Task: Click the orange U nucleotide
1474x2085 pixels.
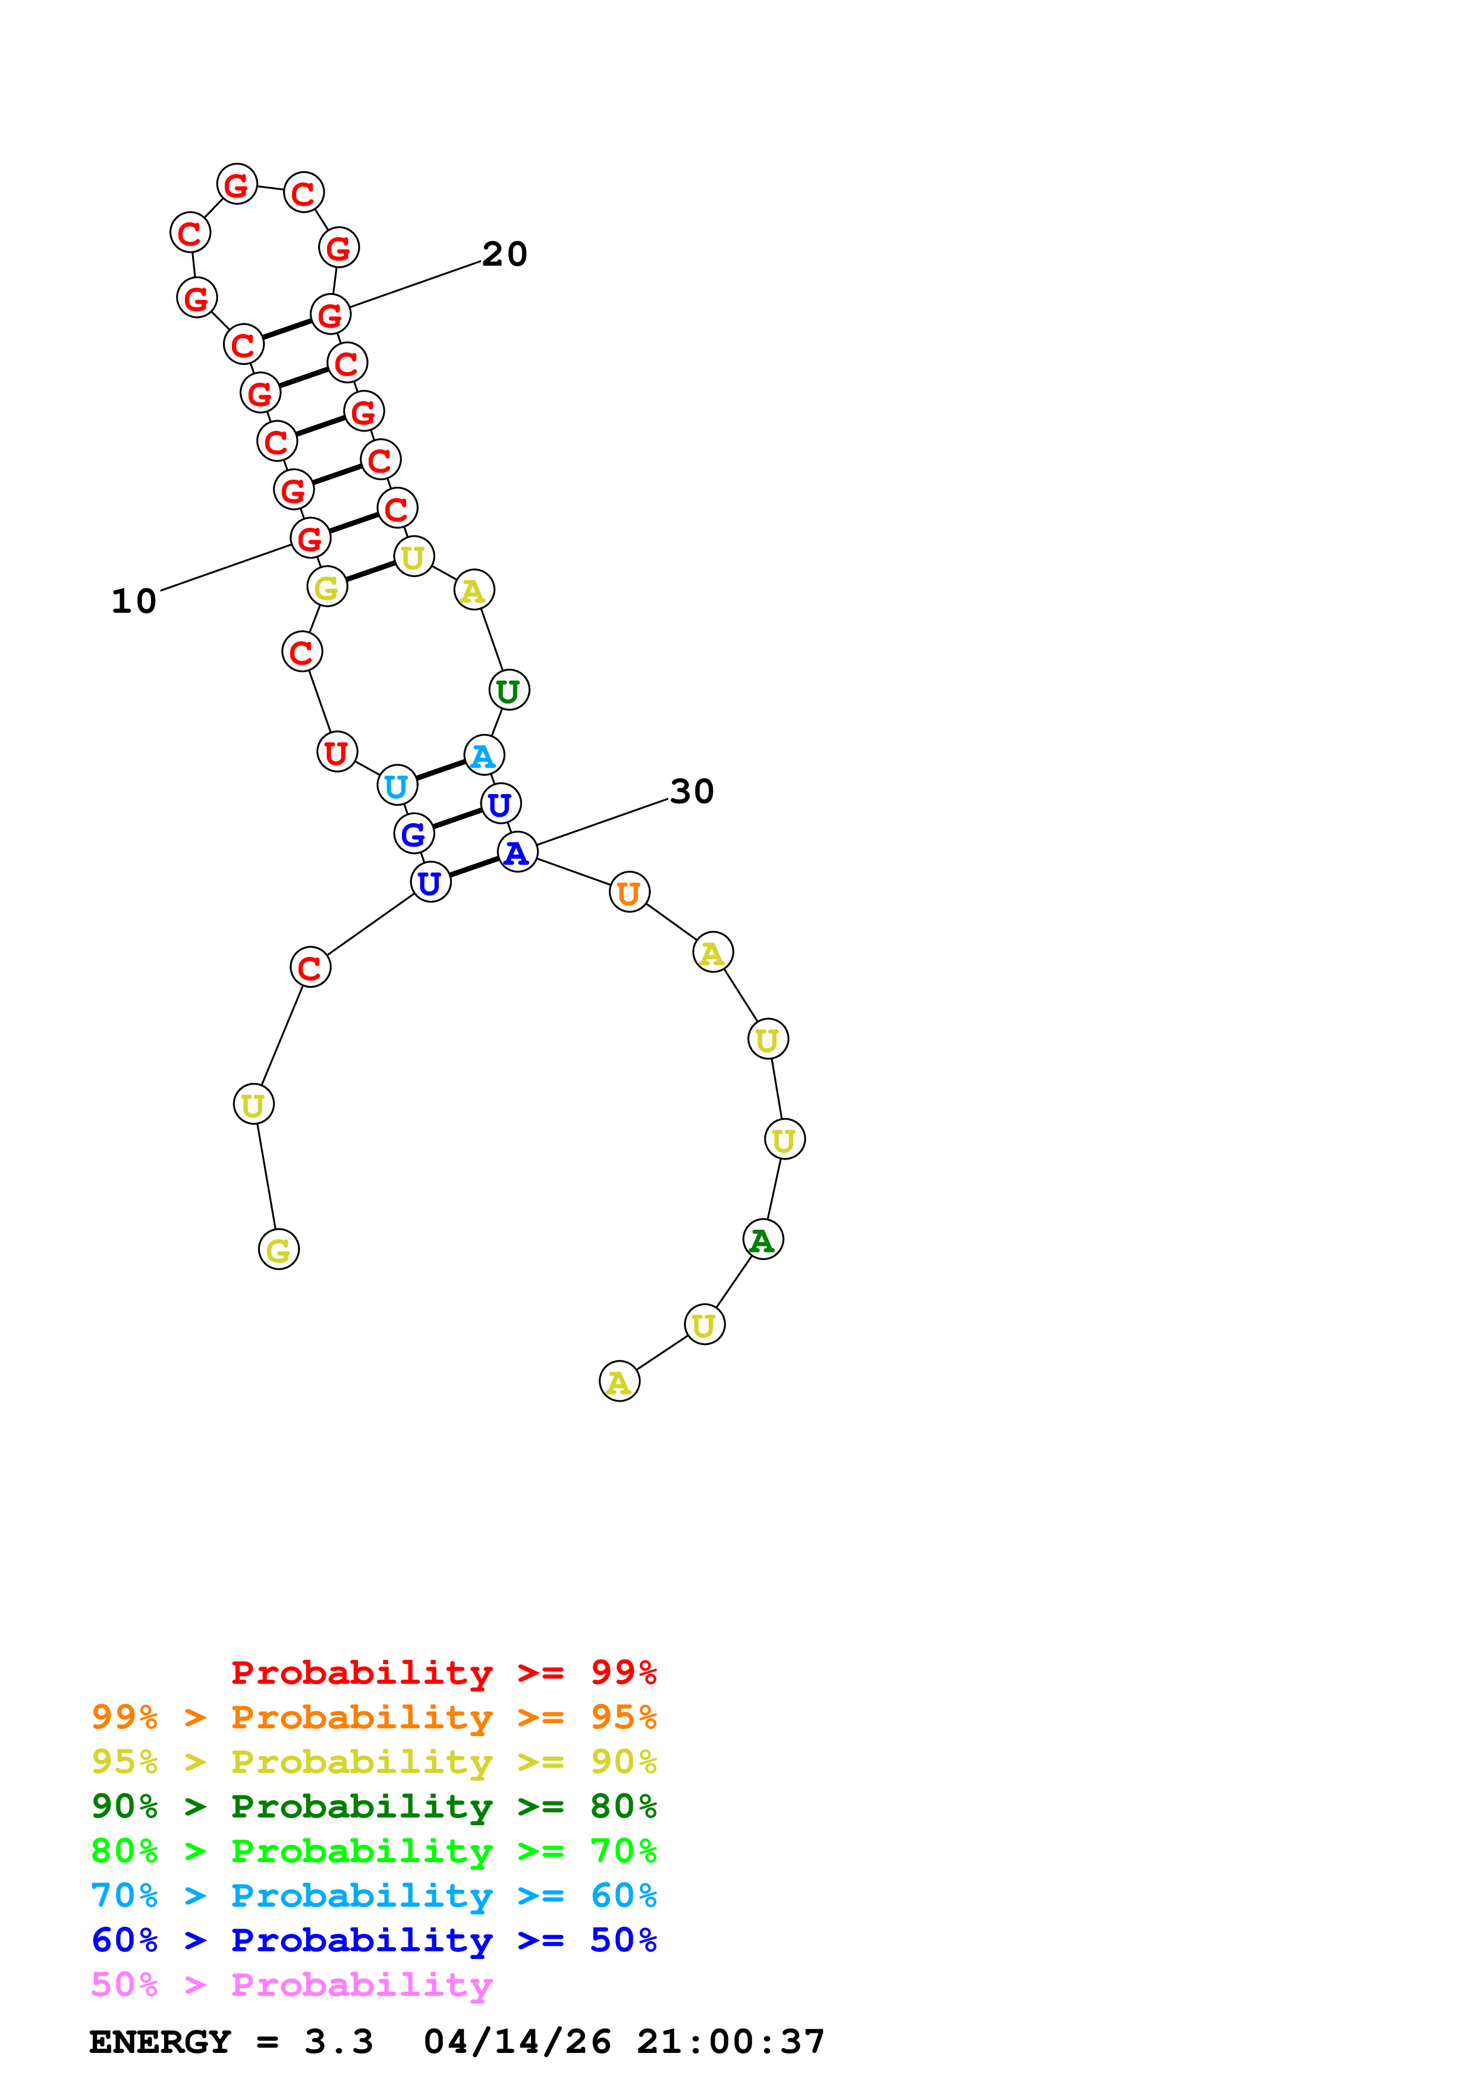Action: [x=628, y=893]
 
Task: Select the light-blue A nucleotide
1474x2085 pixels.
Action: [x=483, y=755]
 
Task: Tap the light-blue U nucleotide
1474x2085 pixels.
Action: [x=397, y=786]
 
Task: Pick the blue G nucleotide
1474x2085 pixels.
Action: [x=413, y=834]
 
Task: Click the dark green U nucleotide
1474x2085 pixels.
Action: [x=508, y=691]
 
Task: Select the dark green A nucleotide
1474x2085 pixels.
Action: [x=763, y=1240]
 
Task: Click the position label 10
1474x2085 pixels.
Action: [x=134, y=601]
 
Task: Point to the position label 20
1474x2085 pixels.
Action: [x=504, y=254]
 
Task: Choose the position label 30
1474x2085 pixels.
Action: [x=692, y=791]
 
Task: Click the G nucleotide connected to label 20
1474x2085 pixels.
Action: [x=331, y=314]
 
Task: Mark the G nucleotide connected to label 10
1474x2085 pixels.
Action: [x=310, y=538]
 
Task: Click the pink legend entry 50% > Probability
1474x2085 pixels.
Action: [x=291, y=1985]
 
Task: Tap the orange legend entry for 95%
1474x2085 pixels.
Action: [x=373, y=1717]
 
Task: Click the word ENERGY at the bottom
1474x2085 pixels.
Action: [x=160, y=2042]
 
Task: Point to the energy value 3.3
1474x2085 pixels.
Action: [x=339, y=2042]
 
